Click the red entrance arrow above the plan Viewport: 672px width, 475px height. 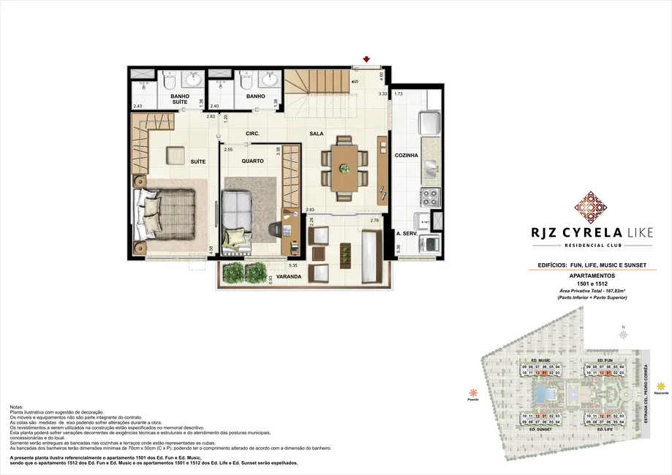click(x=366, y=59)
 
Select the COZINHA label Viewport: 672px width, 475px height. click(x=406, y=155)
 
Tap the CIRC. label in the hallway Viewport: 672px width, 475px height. click(x=253, y=134)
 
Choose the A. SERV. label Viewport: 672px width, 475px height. click(x=406, y=234)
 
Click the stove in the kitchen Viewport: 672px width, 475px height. click(x=429, y=197)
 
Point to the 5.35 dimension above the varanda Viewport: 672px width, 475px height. click(x=293, y=265)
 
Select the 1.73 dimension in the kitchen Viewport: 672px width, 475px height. click(x=399, y=94)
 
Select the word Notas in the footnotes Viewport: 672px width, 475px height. click(x=18, y=406)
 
